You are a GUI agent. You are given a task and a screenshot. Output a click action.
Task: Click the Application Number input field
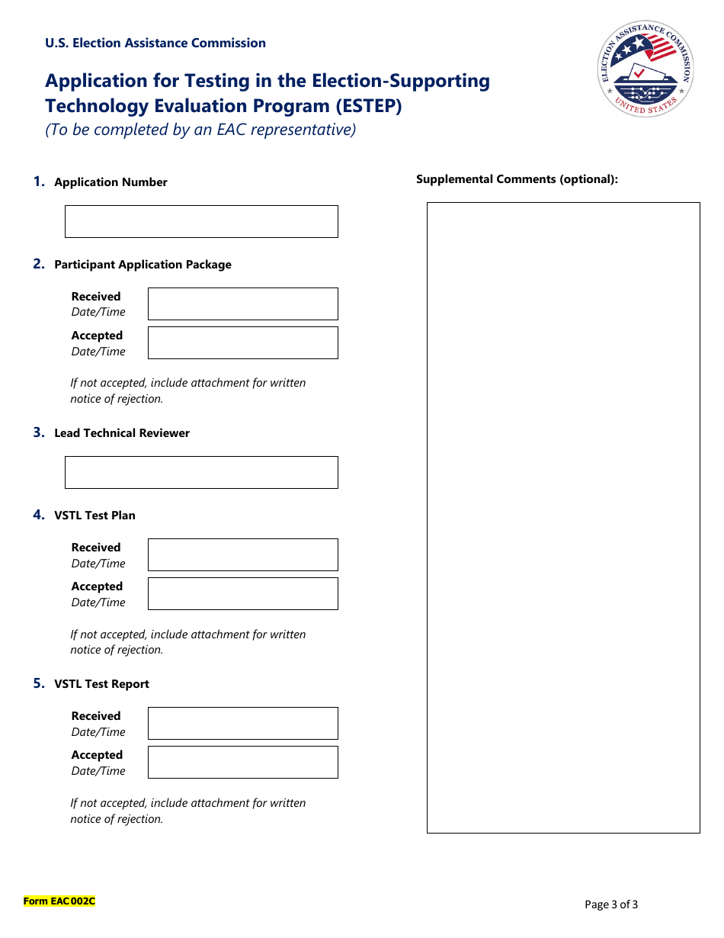(x=201, y=221)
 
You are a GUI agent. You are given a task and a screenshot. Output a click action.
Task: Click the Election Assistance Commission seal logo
(x=646, y=68)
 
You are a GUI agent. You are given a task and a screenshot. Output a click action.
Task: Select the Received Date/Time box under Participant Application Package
(x=242, y=304)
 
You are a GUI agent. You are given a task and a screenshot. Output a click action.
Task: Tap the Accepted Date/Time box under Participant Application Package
(x=242, y=342)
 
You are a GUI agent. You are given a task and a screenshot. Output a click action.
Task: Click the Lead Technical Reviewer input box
(x=201, y=472)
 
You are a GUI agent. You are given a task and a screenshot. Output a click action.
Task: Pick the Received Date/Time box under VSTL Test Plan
(x=242, y=554)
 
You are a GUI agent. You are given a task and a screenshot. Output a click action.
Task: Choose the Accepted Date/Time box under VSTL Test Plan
(x=242, y=593)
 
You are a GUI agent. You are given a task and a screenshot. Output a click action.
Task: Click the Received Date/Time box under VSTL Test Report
(x=242, y=723)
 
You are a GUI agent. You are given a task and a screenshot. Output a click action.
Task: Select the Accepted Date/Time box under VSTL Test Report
(x=242, y=762)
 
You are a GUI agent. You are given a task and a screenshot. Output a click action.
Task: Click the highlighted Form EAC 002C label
(x=59, y=901)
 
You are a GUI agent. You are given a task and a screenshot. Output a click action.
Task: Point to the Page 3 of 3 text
(x=611, y=904)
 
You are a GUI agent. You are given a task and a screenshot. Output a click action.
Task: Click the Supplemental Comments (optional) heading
(x=517, y=179)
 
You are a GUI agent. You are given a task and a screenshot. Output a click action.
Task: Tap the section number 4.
(x=38, y=515)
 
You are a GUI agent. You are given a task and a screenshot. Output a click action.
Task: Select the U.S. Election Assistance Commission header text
(x=155, y=43)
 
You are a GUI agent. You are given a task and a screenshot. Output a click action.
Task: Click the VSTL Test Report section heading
(x=101, y=684)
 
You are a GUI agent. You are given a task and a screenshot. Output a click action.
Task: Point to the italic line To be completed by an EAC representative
(x=200, y=130)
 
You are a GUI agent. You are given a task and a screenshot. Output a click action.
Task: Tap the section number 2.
(x=38, y=264)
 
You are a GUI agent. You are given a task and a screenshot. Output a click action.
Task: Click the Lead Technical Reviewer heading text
(x=122, y=433)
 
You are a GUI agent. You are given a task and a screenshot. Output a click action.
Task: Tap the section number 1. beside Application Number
(x=38, y=181)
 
